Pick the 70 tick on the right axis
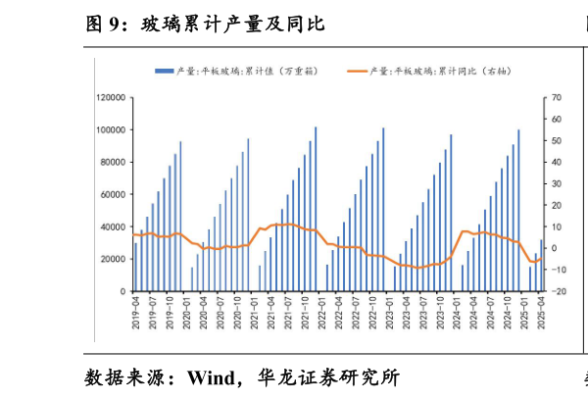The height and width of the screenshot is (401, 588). pos(557,98)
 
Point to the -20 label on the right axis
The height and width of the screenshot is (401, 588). pos(558,292)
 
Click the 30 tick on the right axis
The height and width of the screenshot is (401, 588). pos(557,184)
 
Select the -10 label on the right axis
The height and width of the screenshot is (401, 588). pos(558,271)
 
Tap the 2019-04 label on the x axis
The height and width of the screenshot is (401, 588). pos(135,316)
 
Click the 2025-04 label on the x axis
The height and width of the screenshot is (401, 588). pos(541,316)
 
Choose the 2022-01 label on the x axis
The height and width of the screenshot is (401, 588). pos(321,316)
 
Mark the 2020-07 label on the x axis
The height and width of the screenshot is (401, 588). pos(220,316)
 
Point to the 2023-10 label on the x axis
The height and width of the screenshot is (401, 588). pos(440,316)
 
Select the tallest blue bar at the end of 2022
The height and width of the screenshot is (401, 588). pos(383,210)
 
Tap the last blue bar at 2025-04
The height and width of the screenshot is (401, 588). pos(541,266)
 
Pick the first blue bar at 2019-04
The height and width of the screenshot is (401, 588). pos(135,264)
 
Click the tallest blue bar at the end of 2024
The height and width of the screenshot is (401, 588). pos(518,211)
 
